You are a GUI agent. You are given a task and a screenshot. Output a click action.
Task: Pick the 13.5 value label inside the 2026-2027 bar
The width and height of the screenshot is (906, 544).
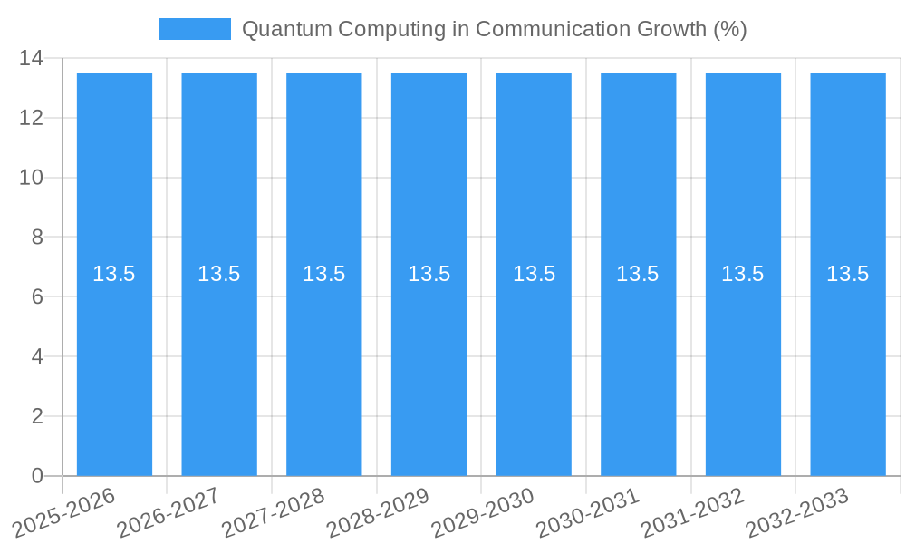pyautogui.click(x=219, y=274)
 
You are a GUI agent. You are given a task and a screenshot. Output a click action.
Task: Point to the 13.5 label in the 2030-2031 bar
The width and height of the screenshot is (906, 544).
pyautogui.click(x=638, y=274)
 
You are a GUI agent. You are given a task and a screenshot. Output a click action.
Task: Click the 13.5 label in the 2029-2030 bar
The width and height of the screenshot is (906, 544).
pyautogui.click(x=535, y=274)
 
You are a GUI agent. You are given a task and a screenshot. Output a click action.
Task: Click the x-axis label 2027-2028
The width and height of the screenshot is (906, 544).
pyautogui.click(x=273, y=511)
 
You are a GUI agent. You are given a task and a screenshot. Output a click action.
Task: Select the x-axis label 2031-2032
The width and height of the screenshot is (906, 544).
pyautogui.click(x=692, y=511)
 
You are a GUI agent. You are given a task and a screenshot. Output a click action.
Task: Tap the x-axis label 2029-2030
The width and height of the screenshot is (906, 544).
pyautogui.click(x=482, y=511)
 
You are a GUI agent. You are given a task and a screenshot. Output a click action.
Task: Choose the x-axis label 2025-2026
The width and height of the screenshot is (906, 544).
pyautogui.click(x=63, y=511)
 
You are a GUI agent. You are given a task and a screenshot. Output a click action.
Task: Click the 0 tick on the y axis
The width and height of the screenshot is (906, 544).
pyautogui.click(x=37, y=476)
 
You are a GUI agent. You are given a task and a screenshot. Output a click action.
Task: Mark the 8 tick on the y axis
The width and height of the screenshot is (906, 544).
pyautogui.click(x=37, y=238)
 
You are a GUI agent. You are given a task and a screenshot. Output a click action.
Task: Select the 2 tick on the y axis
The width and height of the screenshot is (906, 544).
pyautogui.click(x=37, y=416)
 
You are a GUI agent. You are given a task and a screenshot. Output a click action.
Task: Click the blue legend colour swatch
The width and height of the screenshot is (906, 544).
pyautogui.click(x=194, y=29)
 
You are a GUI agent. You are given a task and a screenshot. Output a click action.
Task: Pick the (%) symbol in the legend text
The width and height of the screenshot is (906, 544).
pyautogui.click(x=729, y=29)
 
